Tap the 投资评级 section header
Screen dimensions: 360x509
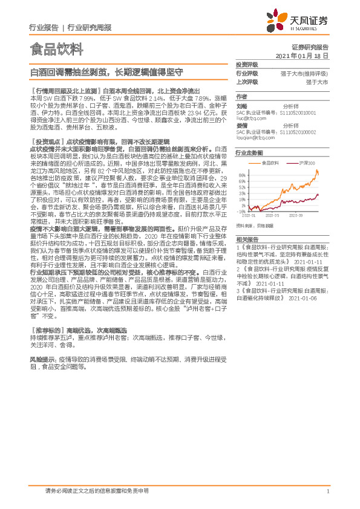click(x=247, y=64)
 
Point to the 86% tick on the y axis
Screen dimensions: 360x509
click(x=241, y=172)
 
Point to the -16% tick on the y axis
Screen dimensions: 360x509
click(x=241, y=212)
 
